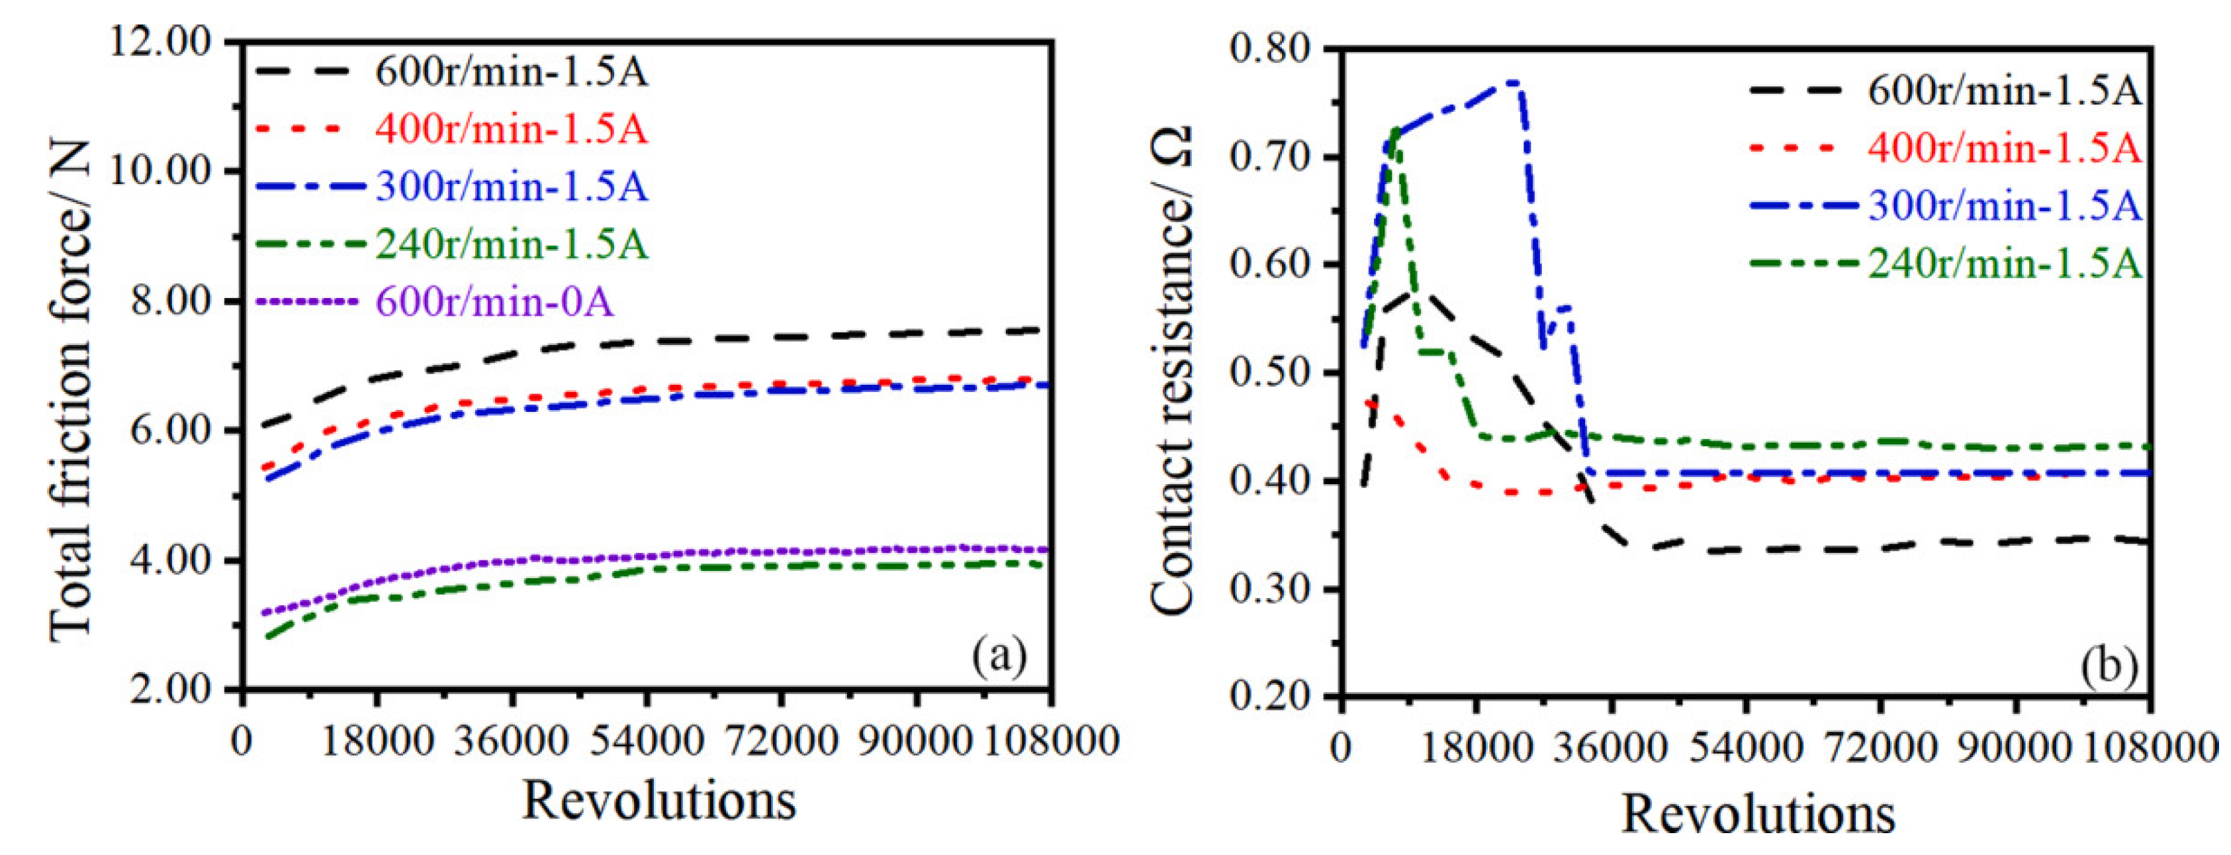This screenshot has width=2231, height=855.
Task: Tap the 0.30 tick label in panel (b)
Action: (1269, 589)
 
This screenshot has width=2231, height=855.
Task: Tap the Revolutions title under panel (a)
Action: (659, 801)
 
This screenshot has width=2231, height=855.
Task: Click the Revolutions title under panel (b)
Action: (1757, 815)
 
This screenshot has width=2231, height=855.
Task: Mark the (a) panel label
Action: (999, 656)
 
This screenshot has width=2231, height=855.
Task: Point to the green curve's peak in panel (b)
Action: (1394, 130)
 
